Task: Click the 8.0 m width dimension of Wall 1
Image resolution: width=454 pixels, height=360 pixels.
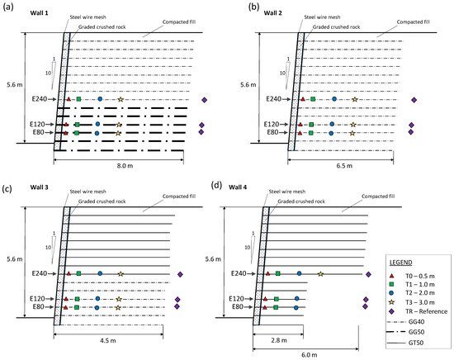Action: [x=125, y=165]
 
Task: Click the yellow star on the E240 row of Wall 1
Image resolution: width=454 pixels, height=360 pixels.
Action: [x=121, y=99]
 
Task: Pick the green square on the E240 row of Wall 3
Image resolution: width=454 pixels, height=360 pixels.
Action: [x=78, y=273]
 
